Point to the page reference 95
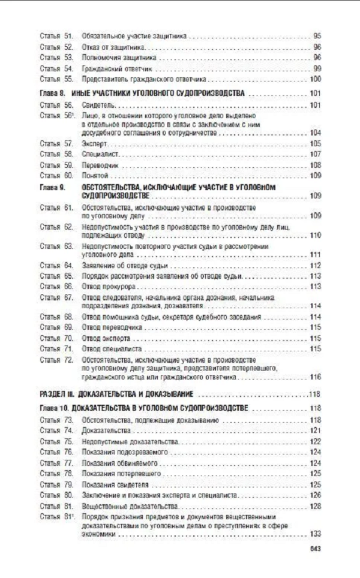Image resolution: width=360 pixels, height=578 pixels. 317,36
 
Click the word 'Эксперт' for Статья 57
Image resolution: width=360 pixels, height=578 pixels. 94,144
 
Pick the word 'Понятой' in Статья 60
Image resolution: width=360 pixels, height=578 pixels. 95,176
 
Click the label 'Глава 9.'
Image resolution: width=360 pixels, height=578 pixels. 52,187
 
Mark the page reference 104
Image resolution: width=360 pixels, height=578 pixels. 316,133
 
